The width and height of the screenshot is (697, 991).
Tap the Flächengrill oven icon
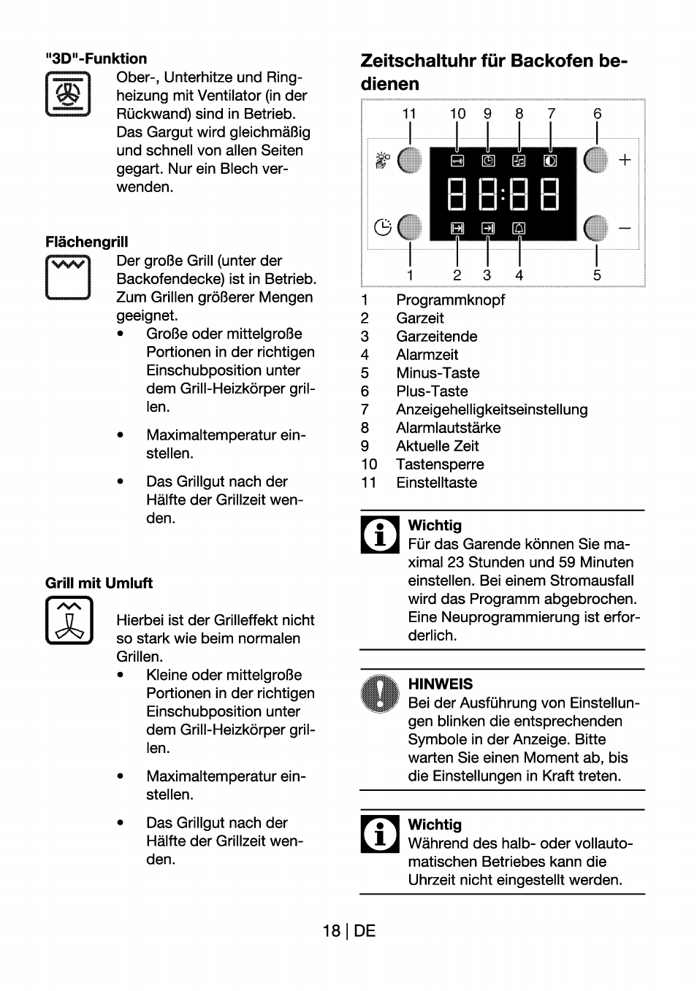coord(68,278)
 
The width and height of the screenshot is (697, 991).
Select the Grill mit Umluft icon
coord(69,620)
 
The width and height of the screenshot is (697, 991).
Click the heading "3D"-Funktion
coord(96,58)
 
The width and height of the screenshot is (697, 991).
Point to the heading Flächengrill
coord(86,242)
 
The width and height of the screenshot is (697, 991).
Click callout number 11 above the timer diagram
coord(409,113)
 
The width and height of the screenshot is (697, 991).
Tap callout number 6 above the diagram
coord(597,113)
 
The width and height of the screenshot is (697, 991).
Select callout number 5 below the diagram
coord(597,275)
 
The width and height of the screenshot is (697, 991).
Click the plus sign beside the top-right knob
coord(625,160)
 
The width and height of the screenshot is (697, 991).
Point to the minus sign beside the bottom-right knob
coord(625,229)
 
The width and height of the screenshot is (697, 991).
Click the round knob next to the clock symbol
coord(410,228)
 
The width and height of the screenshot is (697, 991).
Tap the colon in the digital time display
coord(503,195)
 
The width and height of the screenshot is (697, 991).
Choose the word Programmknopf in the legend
coord(450,300)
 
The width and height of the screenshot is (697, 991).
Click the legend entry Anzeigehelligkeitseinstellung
coord(491,410)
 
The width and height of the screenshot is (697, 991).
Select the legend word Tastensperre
coord(439,464)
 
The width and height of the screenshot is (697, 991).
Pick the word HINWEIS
coord(440,684)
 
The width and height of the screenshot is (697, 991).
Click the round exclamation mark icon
coord(380,693)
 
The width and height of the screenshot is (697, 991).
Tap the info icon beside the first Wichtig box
coord(380,535)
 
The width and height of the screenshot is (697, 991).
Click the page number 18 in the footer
coord(331,930)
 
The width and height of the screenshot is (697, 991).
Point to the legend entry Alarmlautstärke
coord(448,428)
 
